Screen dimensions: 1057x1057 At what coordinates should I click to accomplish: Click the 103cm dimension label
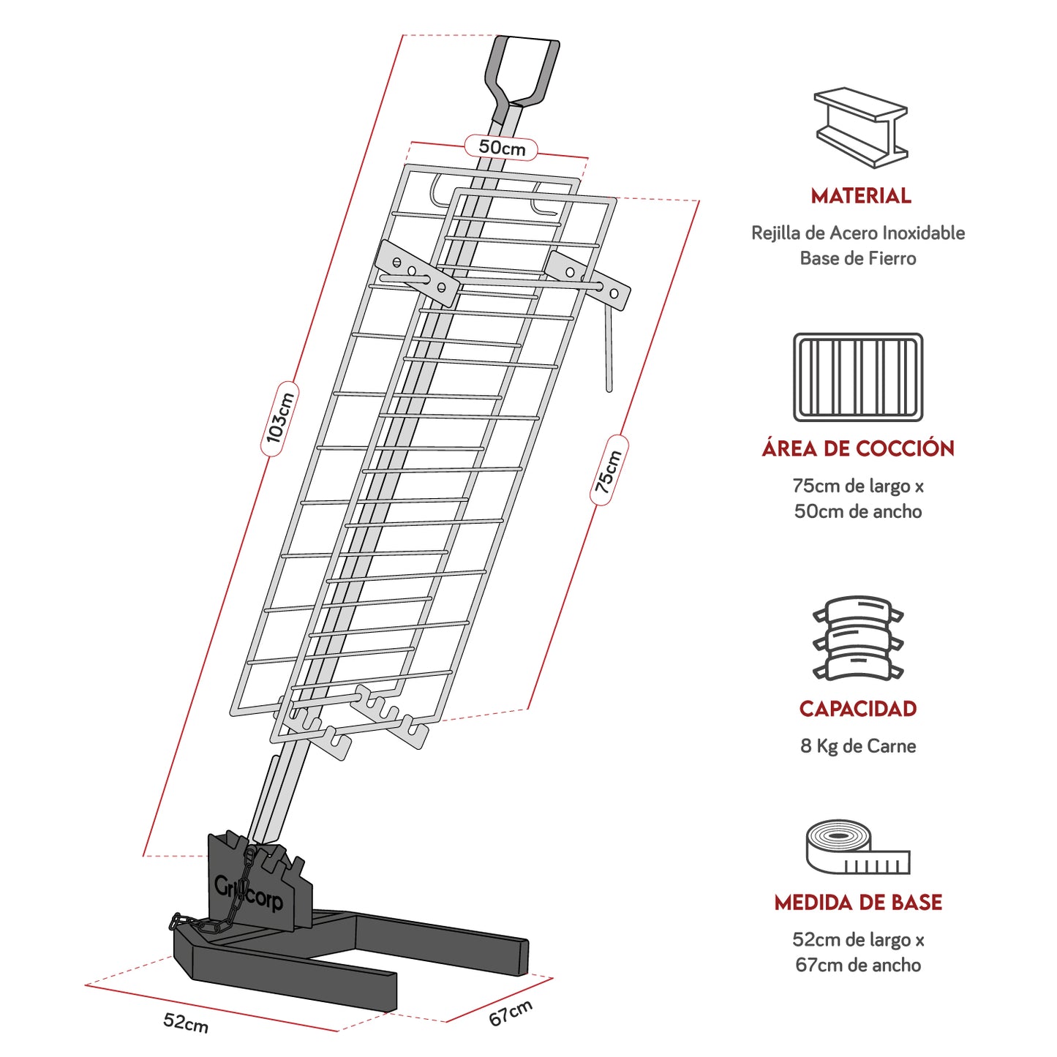coord(279,418)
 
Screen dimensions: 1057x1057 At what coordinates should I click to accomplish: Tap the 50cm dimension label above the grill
coord(502,148)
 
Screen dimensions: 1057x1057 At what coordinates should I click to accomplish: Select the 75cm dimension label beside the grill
coord(609,471)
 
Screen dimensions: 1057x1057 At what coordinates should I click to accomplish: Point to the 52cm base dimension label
coord(186,1023)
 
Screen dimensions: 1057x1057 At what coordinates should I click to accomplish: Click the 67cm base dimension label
coord(511,1012)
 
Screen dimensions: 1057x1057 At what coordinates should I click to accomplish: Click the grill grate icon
coord(858,377)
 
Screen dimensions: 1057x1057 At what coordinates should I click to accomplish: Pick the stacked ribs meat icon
coord(858,639)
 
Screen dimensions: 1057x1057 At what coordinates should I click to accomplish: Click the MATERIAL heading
coord(860,196)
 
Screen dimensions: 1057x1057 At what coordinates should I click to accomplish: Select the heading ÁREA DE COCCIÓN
coord(858,448)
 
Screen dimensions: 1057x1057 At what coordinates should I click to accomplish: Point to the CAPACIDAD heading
coord(858,709)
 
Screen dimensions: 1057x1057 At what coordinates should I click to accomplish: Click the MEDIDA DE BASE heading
coord(858,903)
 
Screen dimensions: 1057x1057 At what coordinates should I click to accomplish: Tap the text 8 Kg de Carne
coord(858,746)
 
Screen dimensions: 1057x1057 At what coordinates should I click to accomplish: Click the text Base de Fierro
coord(858,258)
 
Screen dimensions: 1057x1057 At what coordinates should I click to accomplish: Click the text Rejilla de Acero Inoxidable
coord(858,233)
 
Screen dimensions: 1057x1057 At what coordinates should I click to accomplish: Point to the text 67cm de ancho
coord(858,965)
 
